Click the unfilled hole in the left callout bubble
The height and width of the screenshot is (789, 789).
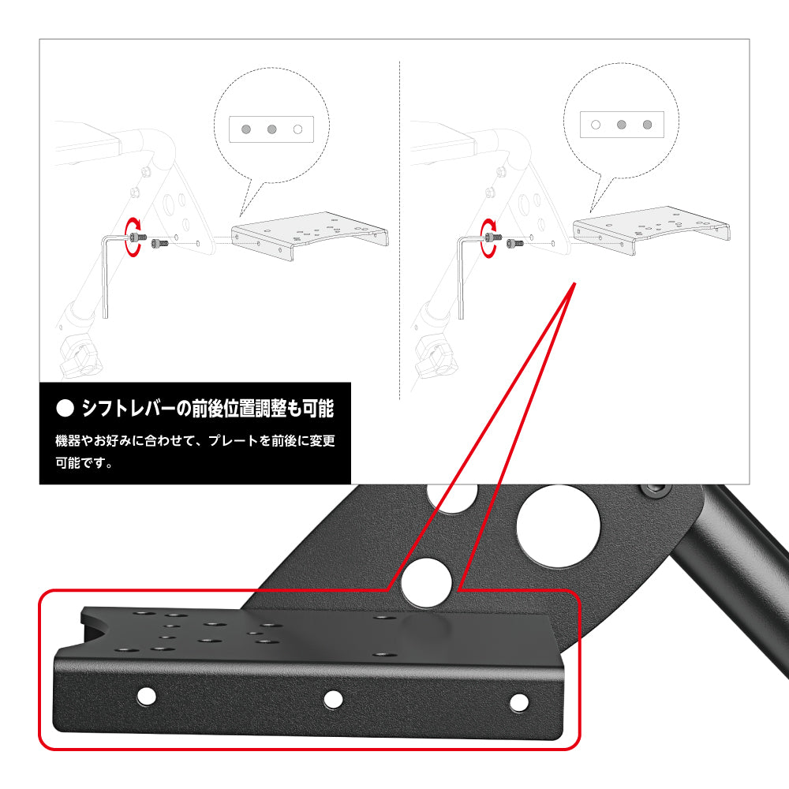click(x=297, y=128)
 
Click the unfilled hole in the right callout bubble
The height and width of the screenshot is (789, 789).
click(x=596, y=124)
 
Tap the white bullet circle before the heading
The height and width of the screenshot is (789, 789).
click(x=65, y=409)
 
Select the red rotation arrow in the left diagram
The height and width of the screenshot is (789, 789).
click(x=132, y=237)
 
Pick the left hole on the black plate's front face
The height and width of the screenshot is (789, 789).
click(x=145, y=695)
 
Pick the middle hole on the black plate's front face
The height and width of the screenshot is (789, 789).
click(x=333, y=699)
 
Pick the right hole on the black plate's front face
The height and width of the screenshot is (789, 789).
click(x=518, y=702)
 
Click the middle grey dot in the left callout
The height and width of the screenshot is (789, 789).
click(x=271, y=128)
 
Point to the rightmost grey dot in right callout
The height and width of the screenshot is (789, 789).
click(x=647, y=124)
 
